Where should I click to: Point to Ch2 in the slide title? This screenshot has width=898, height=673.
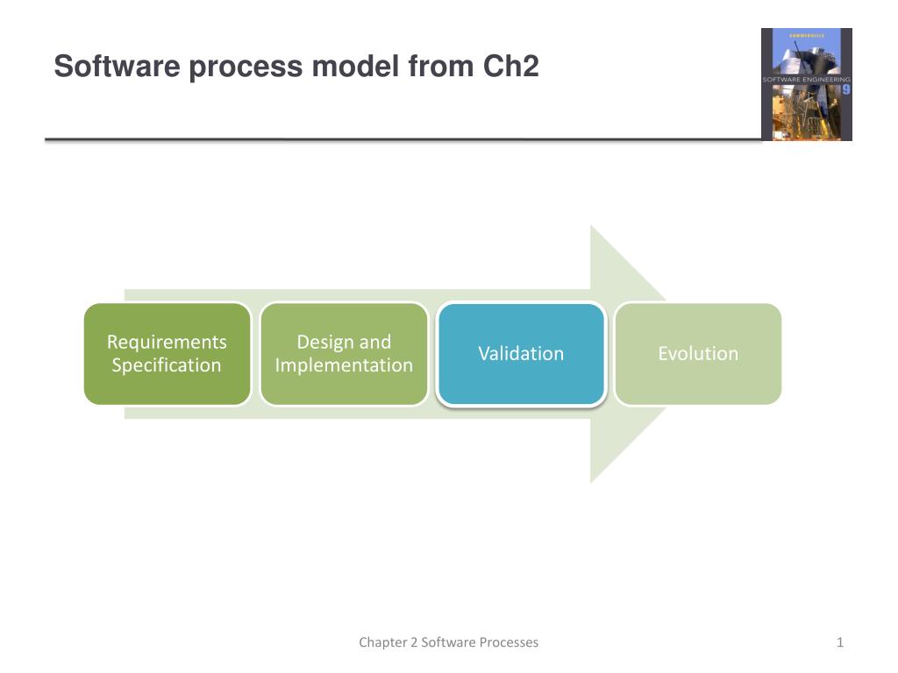pos(510,67)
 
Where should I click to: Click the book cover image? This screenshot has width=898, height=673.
pos(806,84)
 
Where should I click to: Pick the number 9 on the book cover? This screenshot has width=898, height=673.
pos(845,89)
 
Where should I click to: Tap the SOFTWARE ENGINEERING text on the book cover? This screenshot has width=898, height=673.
pos(805,79)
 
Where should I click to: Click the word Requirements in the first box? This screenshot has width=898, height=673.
pos(167,342)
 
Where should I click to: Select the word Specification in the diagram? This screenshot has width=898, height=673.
pos(167,365)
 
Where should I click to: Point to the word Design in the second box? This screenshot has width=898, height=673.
pos(324,342)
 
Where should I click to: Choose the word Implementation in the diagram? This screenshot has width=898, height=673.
pos(344,365)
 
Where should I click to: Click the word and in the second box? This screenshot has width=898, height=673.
pos(374,342)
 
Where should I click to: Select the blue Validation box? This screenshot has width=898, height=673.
pos(521,354)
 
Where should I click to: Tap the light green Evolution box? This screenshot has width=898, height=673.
pos(698,354)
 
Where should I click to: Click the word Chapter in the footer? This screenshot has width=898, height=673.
pos(382,642)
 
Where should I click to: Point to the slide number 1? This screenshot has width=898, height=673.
pos(839,642)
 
